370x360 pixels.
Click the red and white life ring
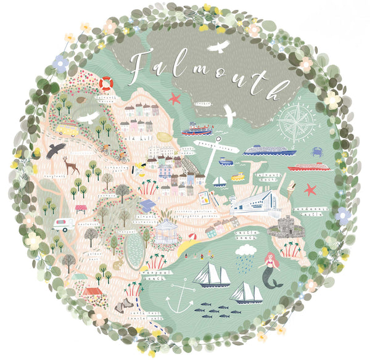[x=107, y=82]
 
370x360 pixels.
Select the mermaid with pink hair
[x=271, y=269]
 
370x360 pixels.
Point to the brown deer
[x=70, y=165]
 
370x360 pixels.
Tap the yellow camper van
[x=68, y=129]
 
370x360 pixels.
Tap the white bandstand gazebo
[x=166, y=232]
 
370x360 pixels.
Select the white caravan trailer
[x=64, y=224]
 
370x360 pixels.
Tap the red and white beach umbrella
[x=192, y=237]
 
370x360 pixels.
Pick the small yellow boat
[x=237, y=177]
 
